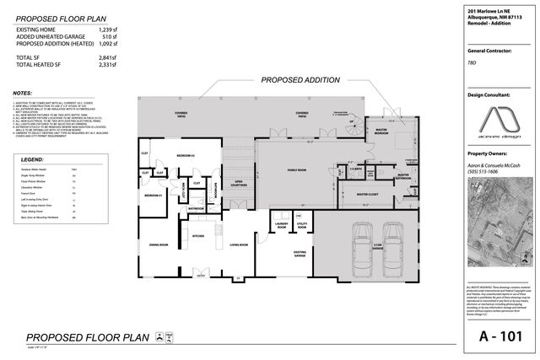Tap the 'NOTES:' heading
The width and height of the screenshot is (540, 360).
[24, 93]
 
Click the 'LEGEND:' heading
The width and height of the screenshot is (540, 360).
[33, 159]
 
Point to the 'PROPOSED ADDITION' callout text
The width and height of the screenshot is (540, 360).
[300, 81]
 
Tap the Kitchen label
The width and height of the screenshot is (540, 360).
[199, 237]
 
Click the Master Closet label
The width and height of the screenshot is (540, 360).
[367, 195]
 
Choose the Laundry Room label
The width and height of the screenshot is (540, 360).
[279, 225]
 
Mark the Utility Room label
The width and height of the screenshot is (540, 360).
[302, 225]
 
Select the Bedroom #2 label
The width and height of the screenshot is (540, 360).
[186, 157]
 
